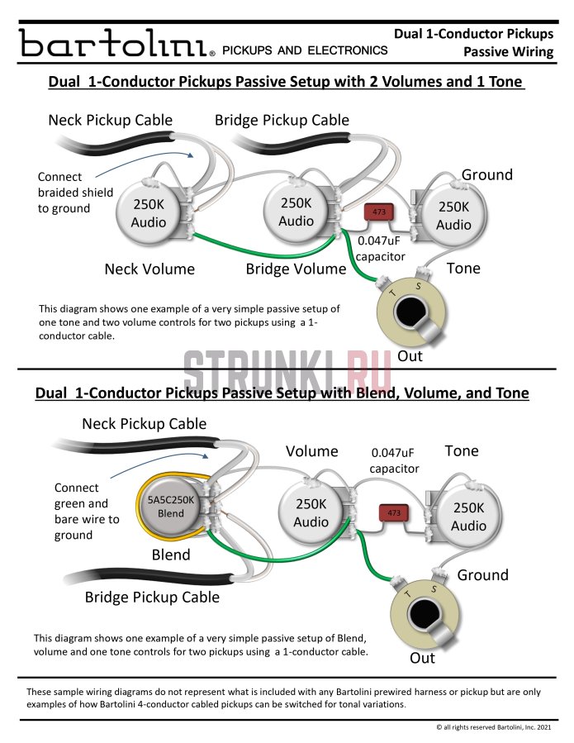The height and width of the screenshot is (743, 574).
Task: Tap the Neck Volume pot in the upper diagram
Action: pos(149,213)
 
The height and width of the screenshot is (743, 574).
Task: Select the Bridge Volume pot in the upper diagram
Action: pos(296,212)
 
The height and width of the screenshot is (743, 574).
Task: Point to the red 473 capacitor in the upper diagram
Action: pos(379,212)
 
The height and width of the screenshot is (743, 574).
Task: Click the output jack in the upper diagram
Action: pos(410,313)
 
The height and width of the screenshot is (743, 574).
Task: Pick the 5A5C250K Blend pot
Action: pos(172,506)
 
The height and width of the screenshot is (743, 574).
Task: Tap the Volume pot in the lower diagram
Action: pos(311,513)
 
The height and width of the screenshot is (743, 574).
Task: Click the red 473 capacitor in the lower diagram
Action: pos(393,513)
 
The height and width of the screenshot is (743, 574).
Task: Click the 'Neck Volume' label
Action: pos(149,269)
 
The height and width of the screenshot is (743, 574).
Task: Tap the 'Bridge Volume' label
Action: pos(296,269)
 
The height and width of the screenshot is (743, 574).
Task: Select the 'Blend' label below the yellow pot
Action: pos(171,555)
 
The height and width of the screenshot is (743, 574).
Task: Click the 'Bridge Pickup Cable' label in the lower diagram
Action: pos(152,597)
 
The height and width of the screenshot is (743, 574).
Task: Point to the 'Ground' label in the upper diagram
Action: pos(486,174)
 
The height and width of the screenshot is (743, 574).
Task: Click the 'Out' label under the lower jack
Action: pos(422,658)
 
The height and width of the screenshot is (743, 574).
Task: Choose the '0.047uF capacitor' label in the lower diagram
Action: pos(395,460)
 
